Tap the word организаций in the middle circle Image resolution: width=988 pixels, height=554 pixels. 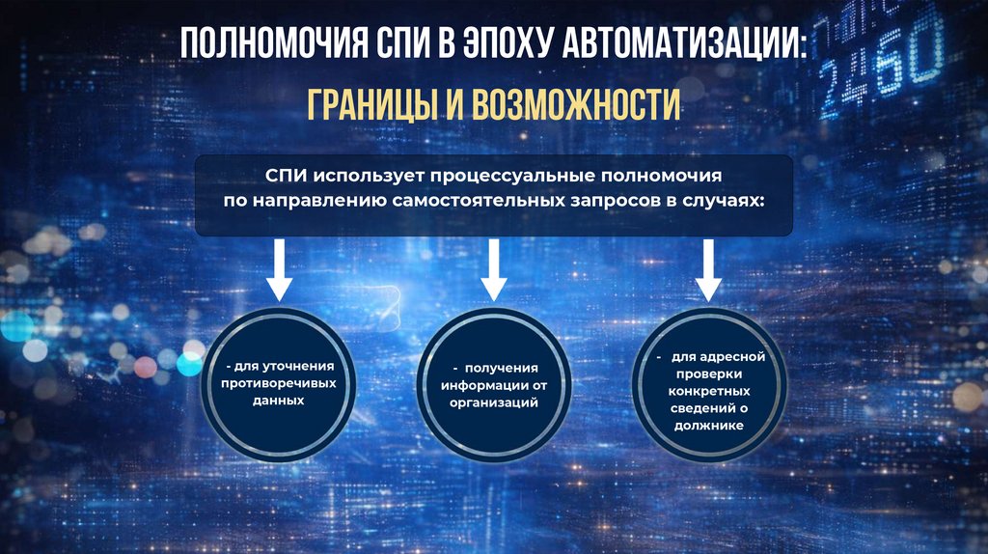point(493,402)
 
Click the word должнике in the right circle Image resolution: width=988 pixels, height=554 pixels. point(711,426)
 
